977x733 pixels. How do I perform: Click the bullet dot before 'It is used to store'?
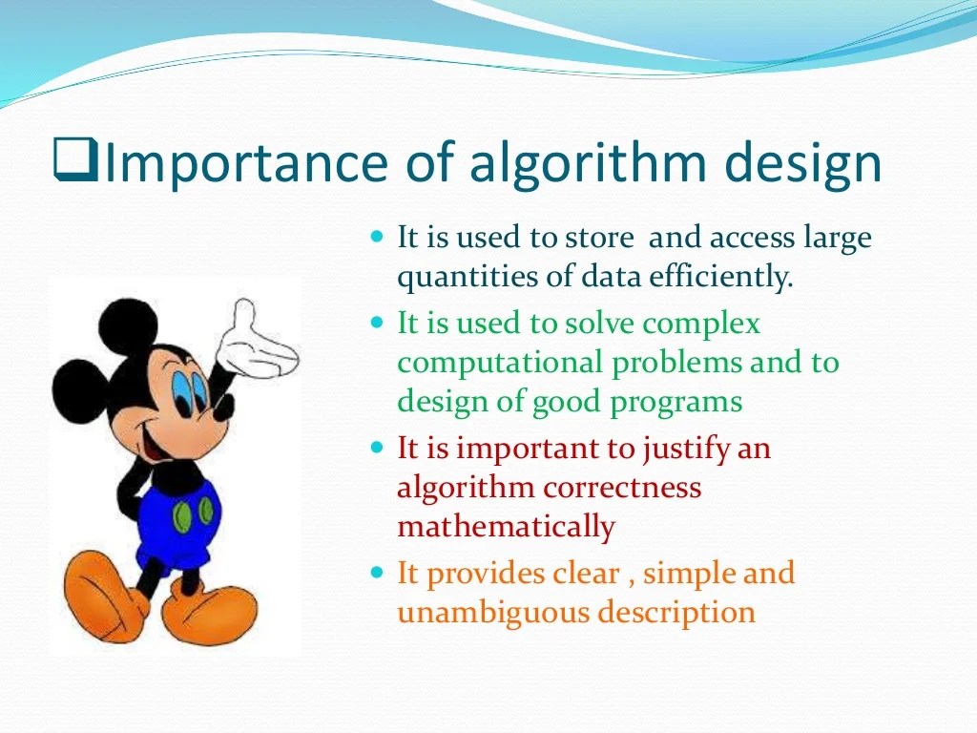click(x=376, y=235)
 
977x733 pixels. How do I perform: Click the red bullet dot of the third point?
click(x=376, y=447)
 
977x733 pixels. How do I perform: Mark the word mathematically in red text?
click(x=506, y=527)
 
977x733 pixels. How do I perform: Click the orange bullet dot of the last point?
click(x=376, y=573)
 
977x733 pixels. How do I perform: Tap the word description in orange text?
click(x=676, y=613)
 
